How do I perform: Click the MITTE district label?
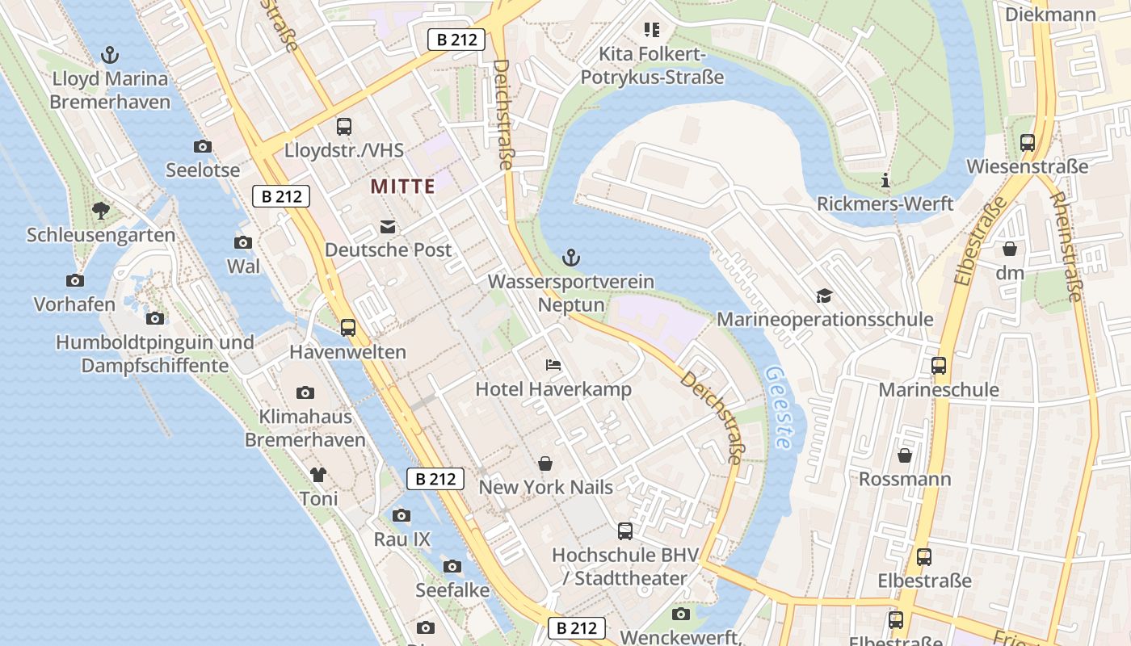[x=402, y=187]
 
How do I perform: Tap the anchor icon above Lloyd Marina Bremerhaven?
[x=110, y=55]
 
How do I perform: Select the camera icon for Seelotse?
[x=203, y=146]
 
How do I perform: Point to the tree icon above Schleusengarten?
[x=101, y=211]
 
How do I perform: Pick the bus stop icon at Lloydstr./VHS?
[x=344, y=127]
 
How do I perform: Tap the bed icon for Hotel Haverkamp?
[x=553, y=365]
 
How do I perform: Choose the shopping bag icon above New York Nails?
[x=545, y=464]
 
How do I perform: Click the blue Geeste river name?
[x=779, y=408]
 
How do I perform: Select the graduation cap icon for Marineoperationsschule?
[x=824, y=296]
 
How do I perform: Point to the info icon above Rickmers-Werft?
[x=885, y=180]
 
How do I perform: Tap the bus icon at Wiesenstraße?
[x=1028, y=143]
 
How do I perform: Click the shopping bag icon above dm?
[x=1010, y=249]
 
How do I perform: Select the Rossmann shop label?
[x=904, y=479]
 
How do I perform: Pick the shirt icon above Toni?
[x=318, y=474]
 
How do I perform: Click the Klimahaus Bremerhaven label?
[x=305, y=429]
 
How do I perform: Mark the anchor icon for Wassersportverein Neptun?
[x=571, y=258]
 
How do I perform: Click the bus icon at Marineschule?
[x=939, y=366]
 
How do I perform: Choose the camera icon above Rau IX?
[x=402, y=515]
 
